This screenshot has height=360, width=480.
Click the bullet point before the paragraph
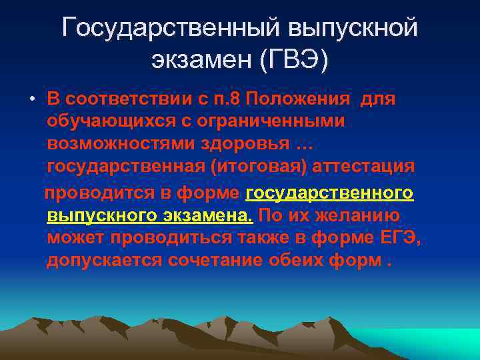[31, 100]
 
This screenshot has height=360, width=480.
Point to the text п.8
[226, 99]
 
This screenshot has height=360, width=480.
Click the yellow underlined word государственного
[329, 193]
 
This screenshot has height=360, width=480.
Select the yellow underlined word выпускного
[99, 216]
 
